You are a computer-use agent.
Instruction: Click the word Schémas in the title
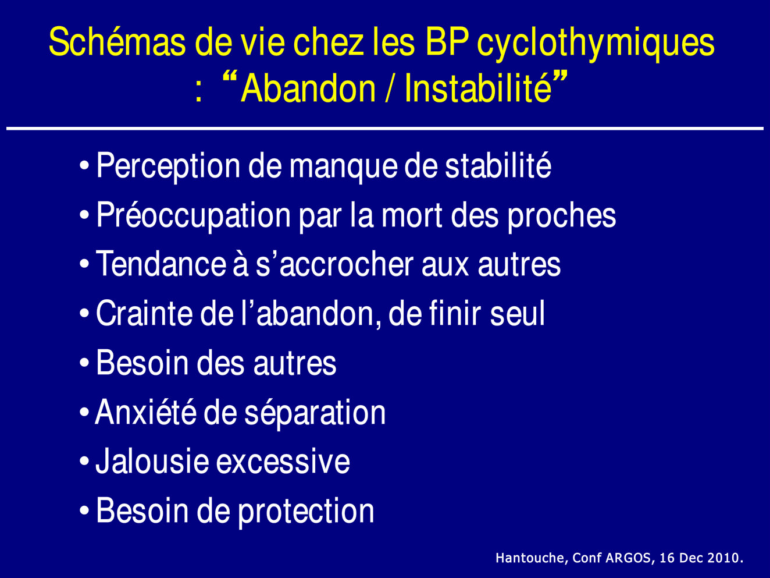coord(117,42)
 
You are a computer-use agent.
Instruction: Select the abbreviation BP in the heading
coord(447,42)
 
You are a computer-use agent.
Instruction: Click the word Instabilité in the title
coord(478,88)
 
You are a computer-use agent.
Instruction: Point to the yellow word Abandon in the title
coord(309,88)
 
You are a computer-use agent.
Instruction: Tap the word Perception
coord(168,166)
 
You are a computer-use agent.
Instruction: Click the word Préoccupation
coord(194,215)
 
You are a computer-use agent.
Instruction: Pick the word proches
coord(562,216)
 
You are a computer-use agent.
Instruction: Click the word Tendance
coord(161,264)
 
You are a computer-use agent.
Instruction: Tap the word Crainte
coord(145,313)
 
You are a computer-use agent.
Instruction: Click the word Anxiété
coord(145,412)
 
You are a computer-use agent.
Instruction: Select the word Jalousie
coord(152,461)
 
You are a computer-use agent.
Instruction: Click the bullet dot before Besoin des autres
coord(84,363)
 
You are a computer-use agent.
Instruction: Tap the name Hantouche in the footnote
coord(532,558)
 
